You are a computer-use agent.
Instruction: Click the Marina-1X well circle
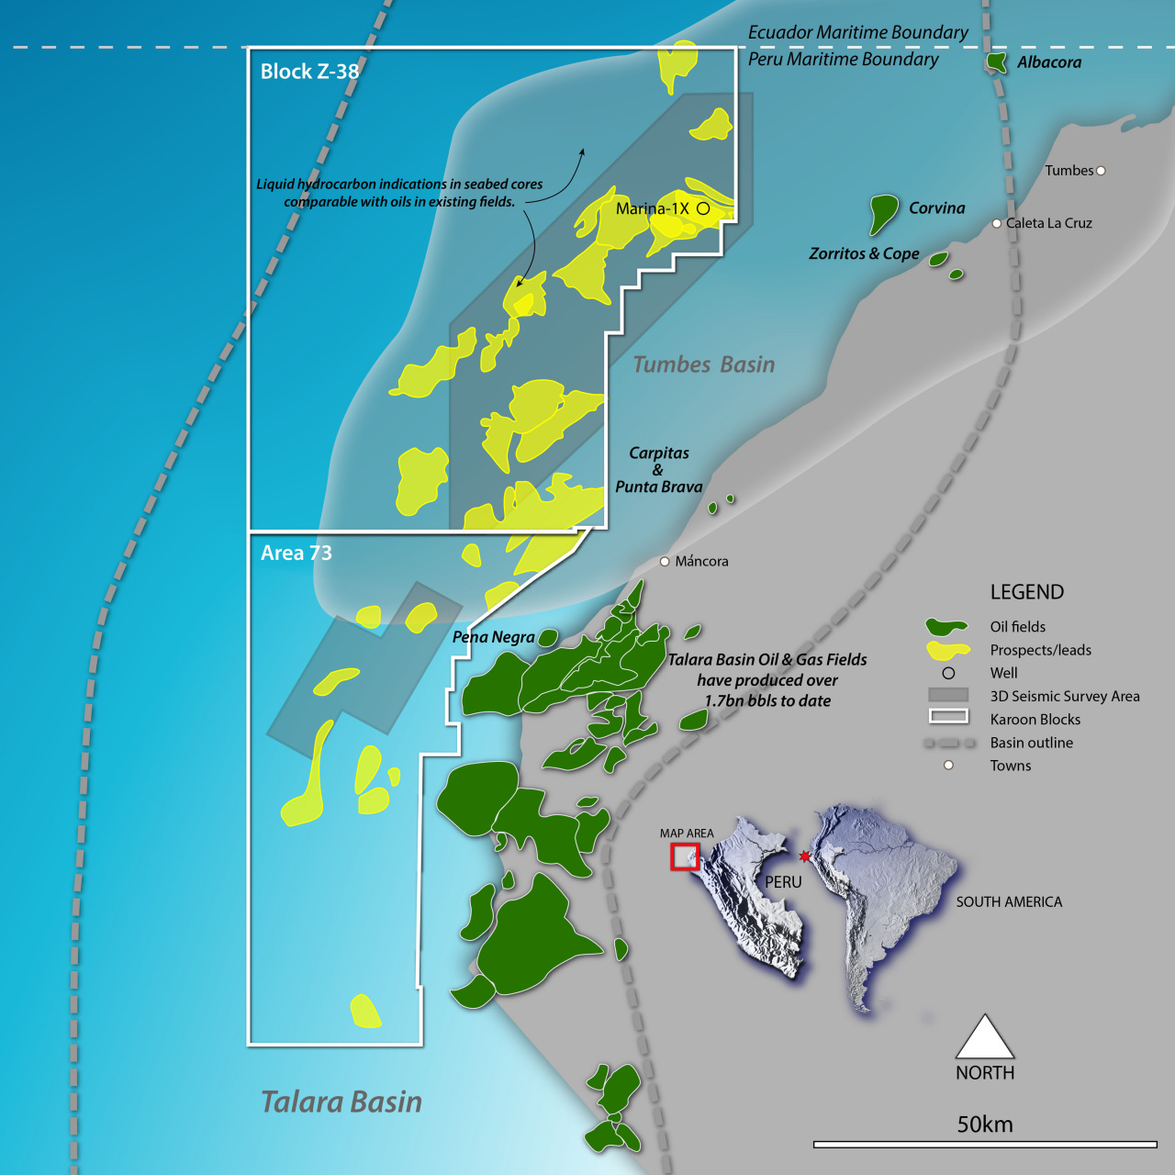(x=703, y=208)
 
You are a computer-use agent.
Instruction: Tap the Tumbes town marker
(x=1101, y=171)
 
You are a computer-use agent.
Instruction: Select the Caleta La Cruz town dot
(x=997, y=223)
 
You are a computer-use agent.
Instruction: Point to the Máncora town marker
(x=665, y=561)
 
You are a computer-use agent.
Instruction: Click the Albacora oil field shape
(x=995, y=62)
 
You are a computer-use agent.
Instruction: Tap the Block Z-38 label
(x=309, y=72)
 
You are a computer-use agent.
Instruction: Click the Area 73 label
(x=296, y=553)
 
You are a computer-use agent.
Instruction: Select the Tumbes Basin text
(x=704, y=364)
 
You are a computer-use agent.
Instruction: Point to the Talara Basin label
(x=341, y=1102)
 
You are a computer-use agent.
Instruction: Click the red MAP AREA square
(x=685, y=856)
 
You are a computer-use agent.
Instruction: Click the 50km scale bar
(x=985, y=1144)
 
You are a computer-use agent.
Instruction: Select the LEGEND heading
(x=1026, y=592)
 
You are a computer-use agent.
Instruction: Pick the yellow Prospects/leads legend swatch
(x=947, y=650)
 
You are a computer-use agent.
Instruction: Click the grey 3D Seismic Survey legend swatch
(x=948, y=696)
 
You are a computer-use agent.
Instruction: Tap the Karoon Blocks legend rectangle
(x=948, y=716)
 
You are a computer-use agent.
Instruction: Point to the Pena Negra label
(x=493, y=637)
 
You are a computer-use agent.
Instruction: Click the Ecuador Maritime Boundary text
(x=857, y=32)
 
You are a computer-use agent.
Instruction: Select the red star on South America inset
(x=805, y=856)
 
